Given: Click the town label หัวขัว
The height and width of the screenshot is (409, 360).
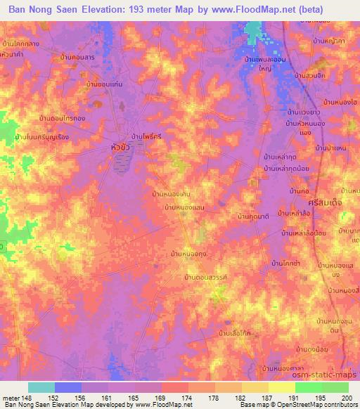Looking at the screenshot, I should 123,148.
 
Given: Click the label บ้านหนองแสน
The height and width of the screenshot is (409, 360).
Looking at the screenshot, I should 184,208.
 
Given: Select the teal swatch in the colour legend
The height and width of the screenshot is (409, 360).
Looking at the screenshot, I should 41,387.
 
